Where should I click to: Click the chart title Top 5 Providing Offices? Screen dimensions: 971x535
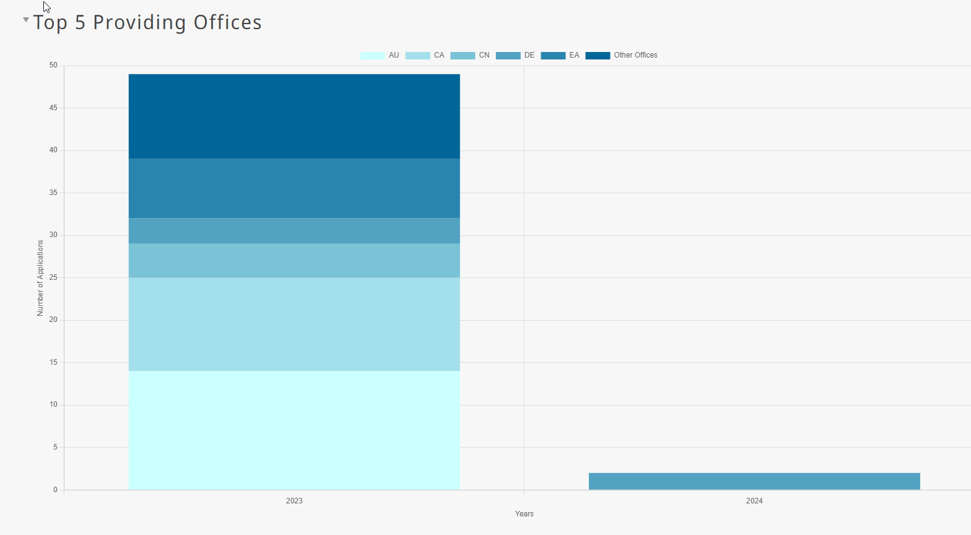point(147,22)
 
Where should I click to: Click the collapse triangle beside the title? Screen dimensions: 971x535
point(26,20)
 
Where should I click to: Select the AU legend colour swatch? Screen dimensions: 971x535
point(372,56)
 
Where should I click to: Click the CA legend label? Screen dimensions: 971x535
point(439,55)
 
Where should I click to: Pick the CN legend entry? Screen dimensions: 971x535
point(470,56)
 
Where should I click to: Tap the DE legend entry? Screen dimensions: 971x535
point(515,56)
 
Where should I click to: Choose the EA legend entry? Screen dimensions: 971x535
point(560,56)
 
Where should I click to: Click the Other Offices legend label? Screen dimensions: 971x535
point(635,55)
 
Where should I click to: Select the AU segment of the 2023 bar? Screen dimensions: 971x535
point(294,430)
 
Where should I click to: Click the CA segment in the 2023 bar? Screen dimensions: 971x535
point(294,324)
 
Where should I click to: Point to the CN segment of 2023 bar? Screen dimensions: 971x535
point(294,261)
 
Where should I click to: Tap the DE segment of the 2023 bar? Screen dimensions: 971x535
point(294,230)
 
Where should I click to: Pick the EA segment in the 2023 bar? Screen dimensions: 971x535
point(294,188)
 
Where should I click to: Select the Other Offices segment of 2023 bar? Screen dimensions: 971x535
point(294,116)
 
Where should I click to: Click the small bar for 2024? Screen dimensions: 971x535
point(754,481)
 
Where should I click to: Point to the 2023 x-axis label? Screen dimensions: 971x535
point(294,501)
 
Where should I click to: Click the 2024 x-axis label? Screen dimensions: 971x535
point(754,501)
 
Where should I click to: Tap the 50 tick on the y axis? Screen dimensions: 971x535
point(53,65)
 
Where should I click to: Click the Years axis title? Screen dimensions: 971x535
point(524,514)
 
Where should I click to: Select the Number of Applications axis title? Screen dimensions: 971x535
point(40,278)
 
